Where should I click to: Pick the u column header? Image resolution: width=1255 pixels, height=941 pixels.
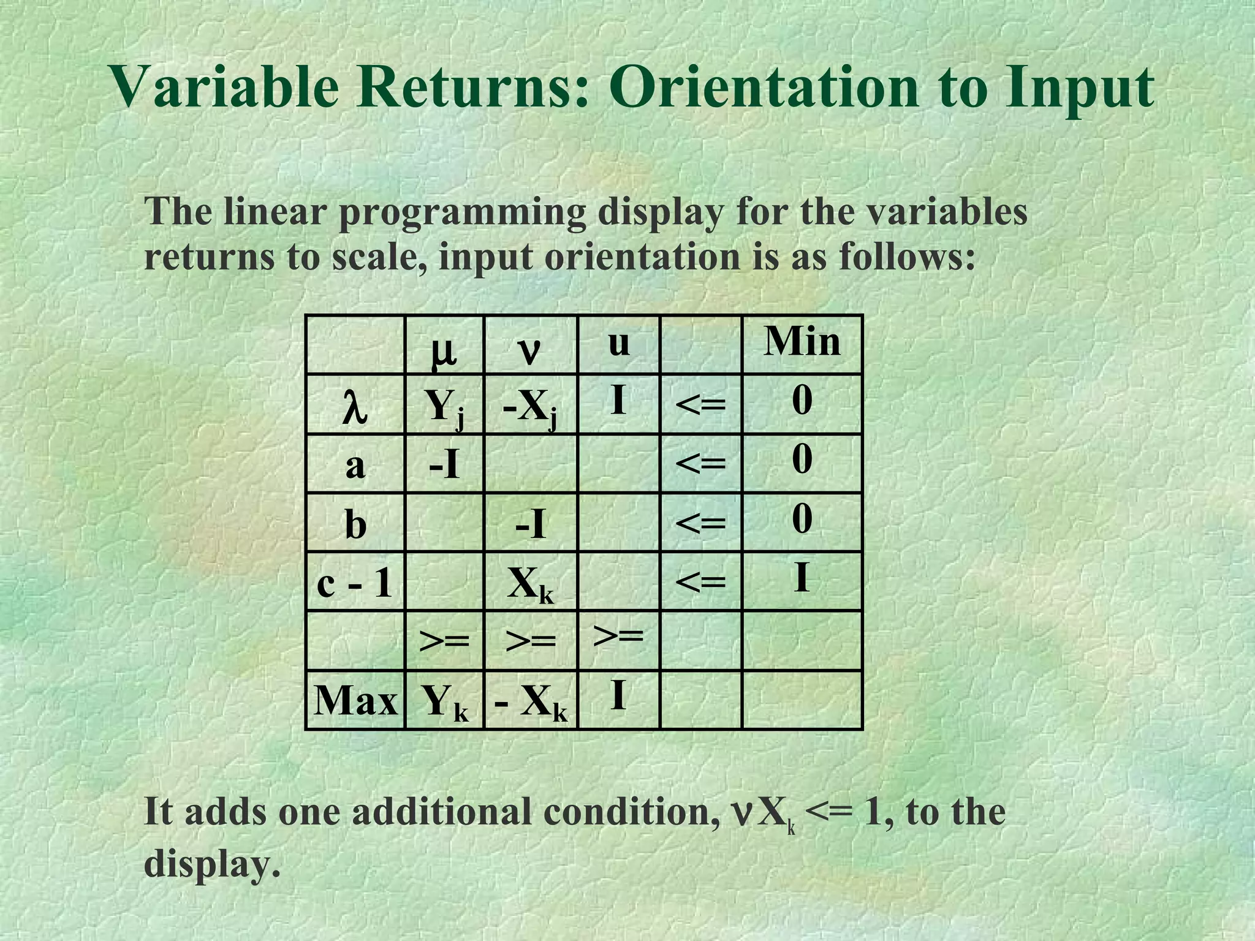(x=619, y=343)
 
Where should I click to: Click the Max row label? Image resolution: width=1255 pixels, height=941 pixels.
(x=355, y=700)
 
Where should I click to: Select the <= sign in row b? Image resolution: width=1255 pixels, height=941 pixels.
(x=700, y=523)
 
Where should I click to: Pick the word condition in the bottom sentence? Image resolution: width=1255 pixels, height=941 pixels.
(x=634, y=812)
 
